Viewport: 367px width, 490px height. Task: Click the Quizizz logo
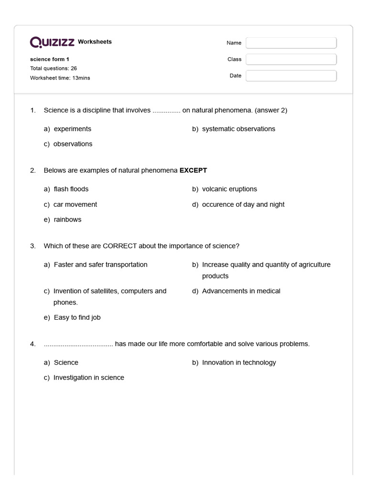pyautogui.click(x=52, y=42)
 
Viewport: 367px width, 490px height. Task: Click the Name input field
pyautogui.click(x=291, y=43)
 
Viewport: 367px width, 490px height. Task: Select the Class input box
pyautogui.click(x=291, y=59)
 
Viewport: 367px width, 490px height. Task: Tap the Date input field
pyautogui.click(x=291, y=76)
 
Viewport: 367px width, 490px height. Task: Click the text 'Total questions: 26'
pyautogui.click(x=54, y=68)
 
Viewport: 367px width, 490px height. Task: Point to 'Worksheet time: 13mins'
pyautogui.click(x=60, y=78)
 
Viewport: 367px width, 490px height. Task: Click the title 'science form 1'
pyautogui.click(x=50, y=59)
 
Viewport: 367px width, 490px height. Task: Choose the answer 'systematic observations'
pyautogui.click(x=238, y=129)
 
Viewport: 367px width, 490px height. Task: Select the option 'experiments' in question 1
pyautogui.click(x=72, y=129)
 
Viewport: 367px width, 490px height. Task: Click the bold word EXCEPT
pyautogui.click(x=193, y=170)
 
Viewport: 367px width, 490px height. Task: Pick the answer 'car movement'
pyautogui.click(x=75, y=204)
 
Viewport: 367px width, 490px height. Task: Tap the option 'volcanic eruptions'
pyautogui.click(x=229, y=189)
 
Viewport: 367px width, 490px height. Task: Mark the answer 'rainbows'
pyautogui.click(x=67, y=220)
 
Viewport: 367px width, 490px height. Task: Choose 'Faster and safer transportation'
pyautogui.click(x=100, y=265)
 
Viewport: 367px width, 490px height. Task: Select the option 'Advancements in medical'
pyautogui.click(x=241, y=291)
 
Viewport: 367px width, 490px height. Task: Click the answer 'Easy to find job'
pyautogui.click(x=77, y=317)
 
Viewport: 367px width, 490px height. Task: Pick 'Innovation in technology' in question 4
pyautogui.click(x=239, y=362)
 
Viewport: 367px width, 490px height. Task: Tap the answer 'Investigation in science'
pyautogui.click(x=88, y=378)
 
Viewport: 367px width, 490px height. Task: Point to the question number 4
pyautogui.click(x=32, y=344)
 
